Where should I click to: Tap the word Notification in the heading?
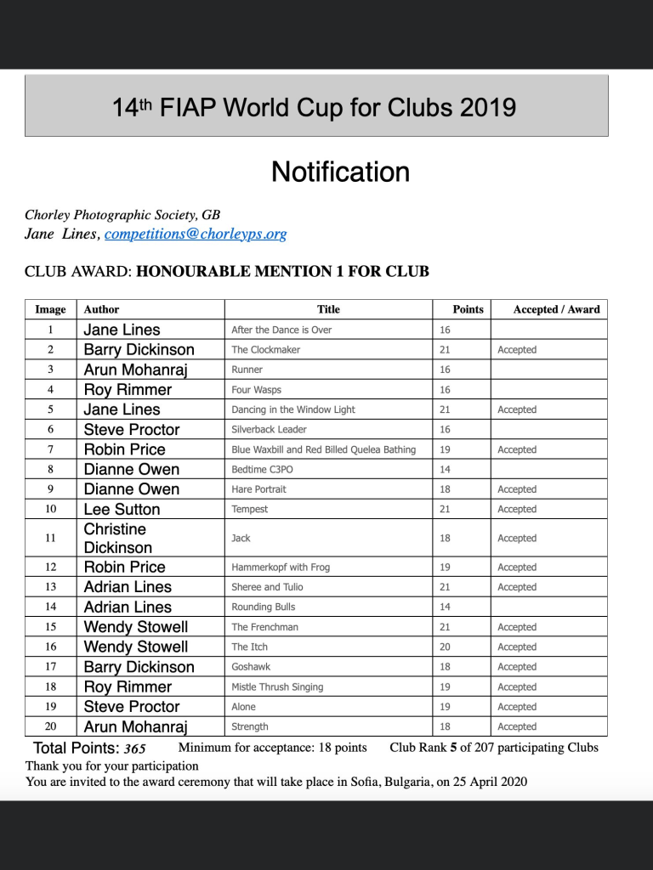(340, 172)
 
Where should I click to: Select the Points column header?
(468, 309)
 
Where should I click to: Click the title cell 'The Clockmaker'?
(265, 349)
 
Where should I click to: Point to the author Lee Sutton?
(122, 509)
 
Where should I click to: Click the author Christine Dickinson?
(118, 538)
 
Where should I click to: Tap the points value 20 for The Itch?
(445, 647)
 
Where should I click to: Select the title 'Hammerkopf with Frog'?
(281, 567)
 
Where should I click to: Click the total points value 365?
(134, 749)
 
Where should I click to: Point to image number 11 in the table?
(50, 538)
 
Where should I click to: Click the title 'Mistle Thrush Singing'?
(277, 686)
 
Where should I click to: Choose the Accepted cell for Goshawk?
(517, 667)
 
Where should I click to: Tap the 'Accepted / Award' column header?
(556, 309)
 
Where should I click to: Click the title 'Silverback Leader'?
(269, 429)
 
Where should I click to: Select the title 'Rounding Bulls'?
(264, 607)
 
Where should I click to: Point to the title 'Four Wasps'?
(256, 389)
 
